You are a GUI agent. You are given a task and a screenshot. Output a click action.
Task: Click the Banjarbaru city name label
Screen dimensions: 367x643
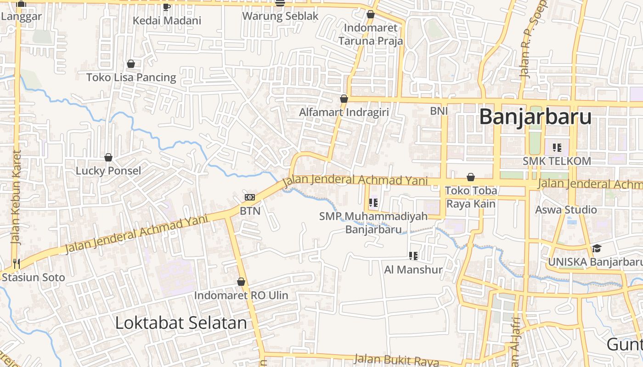point(535,117)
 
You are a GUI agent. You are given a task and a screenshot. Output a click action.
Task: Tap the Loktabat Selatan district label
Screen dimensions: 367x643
point(181,323)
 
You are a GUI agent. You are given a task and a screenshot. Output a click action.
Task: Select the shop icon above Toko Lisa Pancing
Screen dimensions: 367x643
point(131,64)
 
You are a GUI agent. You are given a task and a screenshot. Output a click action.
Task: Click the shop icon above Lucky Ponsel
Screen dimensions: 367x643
point(108,157)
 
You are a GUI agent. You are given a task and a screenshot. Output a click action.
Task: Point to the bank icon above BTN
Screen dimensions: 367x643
point(250,197)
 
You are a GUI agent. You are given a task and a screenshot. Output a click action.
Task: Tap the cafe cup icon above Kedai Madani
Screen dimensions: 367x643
point(167,7)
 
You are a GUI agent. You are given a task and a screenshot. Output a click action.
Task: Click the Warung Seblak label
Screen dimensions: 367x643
point(280,16)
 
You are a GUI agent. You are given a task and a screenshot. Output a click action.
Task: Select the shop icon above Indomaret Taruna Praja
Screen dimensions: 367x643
point(371,15)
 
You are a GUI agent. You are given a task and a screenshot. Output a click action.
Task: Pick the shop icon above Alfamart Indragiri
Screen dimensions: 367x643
point(344,99)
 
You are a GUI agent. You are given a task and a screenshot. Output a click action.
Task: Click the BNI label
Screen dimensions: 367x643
point(439,111)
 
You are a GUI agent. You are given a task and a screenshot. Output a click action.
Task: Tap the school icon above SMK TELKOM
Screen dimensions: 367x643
point(557,148)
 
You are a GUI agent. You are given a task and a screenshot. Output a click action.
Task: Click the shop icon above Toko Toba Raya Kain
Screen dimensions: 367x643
point(471,177)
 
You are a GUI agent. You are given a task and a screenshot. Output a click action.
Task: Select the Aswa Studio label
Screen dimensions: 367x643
point(566,210)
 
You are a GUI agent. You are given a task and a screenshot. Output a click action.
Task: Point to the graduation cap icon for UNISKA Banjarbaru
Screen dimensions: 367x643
point(596,248)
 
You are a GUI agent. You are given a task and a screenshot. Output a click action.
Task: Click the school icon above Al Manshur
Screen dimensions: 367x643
point(413,256)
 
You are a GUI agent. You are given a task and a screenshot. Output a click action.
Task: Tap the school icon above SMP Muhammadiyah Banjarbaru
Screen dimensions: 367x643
point(373,202)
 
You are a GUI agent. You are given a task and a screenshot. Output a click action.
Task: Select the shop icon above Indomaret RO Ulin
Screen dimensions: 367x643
point(241,282)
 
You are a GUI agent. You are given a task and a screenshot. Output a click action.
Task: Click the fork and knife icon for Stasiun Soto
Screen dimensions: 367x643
point(17,263)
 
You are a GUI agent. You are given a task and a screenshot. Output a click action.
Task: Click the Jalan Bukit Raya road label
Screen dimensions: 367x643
point(396,360)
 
